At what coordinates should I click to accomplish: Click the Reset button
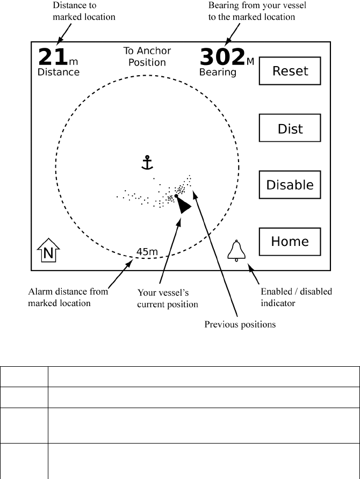pos(290,71)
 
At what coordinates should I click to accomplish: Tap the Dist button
pos(290,128)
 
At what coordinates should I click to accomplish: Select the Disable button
pos(290,185)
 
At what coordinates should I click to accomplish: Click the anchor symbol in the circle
pos(147,163)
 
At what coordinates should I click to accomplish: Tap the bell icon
pos(236,250)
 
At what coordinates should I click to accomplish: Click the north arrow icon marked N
pos(48,251)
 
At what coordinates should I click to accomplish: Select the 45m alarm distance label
pos(147,251)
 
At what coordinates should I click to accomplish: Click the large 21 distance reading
pos(52,57)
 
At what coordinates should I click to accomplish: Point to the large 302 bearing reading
pos(222,57)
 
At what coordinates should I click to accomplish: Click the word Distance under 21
pos(58,72)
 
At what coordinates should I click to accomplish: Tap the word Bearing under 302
pos(218,72)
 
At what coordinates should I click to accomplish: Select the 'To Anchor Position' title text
pos(147,56)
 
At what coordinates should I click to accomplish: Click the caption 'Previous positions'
pos(240,325)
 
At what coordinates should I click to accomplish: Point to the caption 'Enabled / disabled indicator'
pos(296,297)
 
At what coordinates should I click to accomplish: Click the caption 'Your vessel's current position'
pos(168,299)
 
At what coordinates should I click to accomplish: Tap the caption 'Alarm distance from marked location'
pos(68,297)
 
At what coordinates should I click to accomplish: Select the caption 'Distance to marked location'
pos(83,11)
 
